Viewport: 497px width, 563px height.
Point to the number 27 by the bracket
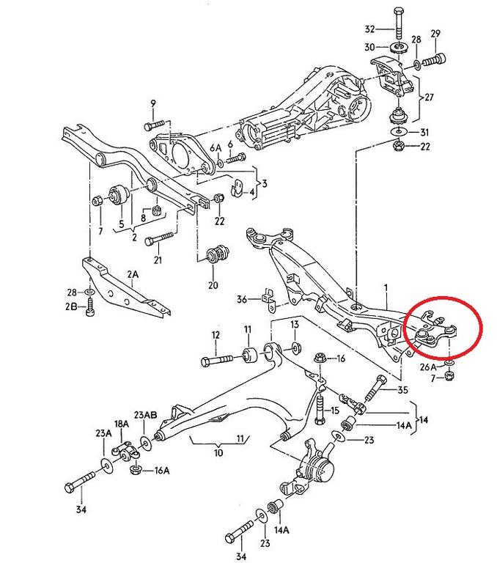[431, 97]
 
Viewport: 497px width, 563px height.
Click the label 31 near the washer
[426, 132]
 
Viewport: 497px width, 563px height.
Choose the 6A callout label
[215, 148]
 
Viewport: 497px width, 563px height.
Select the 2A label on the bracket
[133, 275]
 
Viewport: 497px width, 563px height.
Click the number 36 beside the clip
[243, 298]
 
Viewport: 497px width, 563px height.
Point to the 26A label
[428, 365]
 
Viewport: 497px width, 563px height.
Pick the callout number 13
[294, 325]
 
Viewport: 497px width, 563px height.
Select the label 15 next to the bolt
[335, 411]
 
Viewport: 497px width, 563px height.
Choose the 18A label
[121, 424]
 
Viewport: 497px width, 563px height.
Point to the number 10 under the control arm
[218, 454]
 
